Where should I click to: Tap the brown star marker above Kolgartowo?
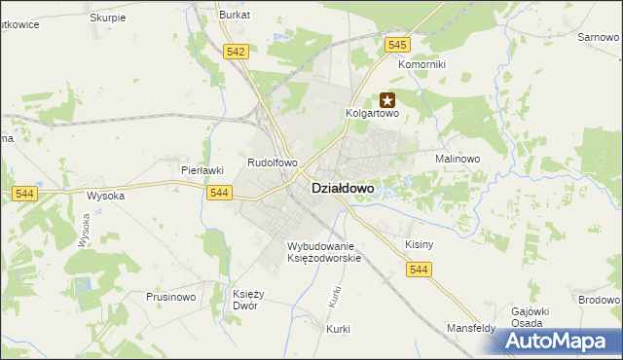point(387,99)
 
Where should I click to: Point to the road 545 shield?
point(396,45)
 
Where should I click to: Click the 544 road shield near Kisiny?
point(420,269)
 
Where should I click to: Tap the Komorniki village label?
point(421,64)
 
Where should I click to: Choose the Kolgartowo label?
point(374,113)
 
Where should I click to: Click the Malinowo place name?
point(458,158)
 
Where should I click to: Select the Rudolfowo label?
point(273,163)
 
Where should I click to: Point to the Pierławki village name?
point(203,169)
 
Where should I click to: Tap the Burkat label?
point(235,16)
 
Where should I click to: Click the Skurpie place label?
point(107,18)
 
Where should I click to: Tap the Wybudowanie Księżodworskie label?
point(324,252)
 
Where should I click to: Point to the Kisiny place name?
point(419,245)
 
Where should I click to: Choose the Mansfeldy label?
point(471,328)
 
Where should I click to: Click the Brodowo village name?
point(599,301)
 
